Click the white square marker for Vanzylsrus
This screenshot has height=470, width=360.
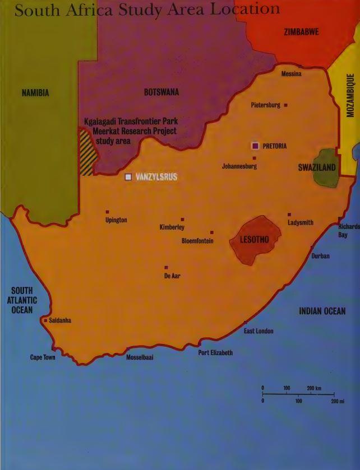point(128,177)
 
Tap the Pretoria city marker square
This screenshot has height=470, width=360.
point(255,146)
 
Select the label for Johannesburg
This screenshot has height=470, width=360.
point(239,166)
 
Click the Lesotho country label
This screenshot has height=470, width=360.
point(254,240)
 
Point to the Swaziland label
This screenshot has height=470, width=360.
point(317,167)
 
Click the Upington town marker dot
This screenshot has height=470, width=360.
point(107,212)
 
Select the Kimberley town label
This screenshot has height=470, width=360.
point(172,227)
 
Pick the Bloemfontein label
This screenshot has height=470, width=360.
point(197,241)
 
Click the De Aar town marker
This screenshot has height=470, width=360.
point(166,268)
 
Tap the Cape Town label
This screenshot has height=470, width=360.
point(43,357)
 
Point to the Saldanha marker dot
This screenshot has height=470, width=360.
point(45,320)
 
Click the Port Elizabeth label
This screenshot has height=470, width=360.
point(215,353)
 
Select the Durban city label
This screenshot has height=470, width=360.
point(320,256)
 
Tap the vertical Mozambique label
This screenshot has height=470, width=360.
point(350,95)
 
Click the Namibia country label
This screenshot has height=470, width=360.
point(35,93)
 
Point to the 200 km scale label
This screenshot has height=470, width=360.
point(314,388)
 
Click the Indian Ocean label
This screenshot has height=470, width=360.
point(322,311)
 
